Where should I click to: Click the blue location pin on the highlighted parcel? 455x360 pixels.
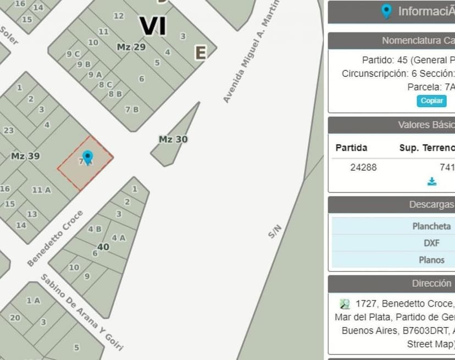coord(87,157)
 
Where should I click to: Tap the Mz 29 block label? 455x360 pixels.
coord(131,47)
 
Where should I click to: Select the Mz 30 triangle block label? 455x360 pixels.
coord(173,140)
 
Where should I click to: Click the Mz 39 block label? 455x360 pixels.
coord(25,156)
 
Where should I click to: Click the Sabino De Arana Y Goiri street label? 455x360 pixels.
coord(81,312)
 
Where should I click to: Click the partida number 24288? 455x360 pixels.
coord(363,167)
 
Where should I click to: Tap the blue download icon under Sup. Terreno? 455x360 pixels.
coord(432,181)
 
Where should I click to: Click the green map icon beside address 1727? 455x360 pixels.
coord(345,303)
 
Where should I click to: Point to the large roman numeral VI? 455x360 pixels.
coord(153,26)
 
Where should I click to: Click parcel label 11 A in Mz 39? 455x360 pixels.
coord(41,190)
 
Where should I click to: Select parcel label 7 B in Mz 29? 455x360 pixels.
coord(132,109)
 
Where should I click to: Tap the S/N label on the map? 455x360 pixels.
coord(275,232)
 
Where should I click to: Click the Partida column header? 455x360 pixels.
coord(351,148)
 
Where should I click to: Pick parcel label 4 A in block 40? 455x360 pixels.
coord(119,238)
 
